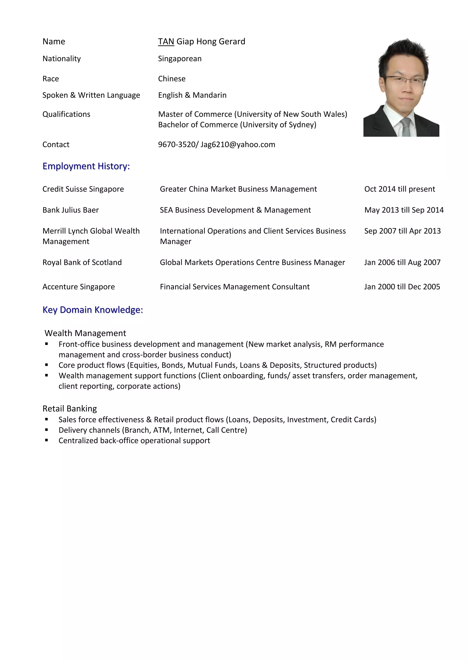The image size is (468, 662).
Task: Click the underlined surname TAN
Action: (166, 42)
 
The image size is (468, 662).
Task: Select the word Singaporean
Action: (180, 59)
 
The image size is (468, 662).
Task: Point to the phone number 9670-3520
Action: (177, 144)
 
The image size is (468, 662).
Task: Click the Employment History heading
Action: (86, 166)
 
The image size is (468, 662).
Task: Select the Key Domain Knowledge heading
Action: (93, 310)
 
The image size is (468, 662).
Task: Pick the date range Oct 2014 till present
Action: (399, 189)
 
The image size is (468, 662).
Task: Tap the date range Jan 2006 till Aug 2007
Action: (402, 262)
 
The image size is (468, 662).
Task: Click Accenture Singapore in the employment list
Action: (78, 287)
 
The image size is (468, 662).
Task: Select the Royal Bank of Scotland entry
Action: (82, 262)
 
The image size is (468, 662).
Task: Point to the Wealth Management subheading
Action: (85, 333)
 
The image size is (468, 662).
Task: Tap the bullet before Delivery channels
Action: (46, 430)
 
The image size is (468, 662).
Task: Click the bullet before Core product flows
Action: (46, 365)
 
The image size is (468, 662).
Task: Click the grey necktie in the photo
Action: (406, 127)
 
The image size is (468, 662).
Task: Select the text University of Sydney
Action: (278, 125)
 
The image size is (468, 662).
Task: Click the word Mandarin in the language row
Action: (210, 95)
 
